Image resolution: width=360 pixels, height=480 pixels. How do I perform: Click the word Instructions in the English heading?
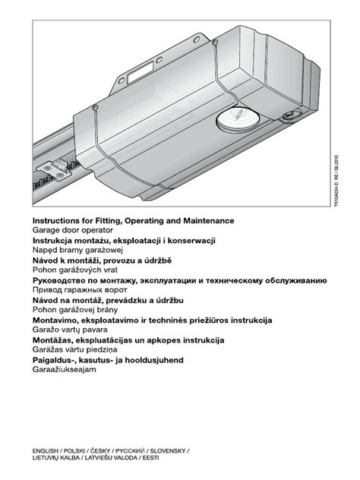coord(58,220)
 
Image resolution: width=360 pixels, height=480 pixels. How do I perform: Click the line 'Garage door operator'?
coord(72,229)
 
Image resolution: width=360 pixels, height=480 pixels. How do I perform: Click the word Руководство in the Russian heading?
coord(63,280)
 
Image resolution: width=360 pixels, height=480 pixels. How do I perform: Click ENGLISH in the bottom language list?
coord(47,450)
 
